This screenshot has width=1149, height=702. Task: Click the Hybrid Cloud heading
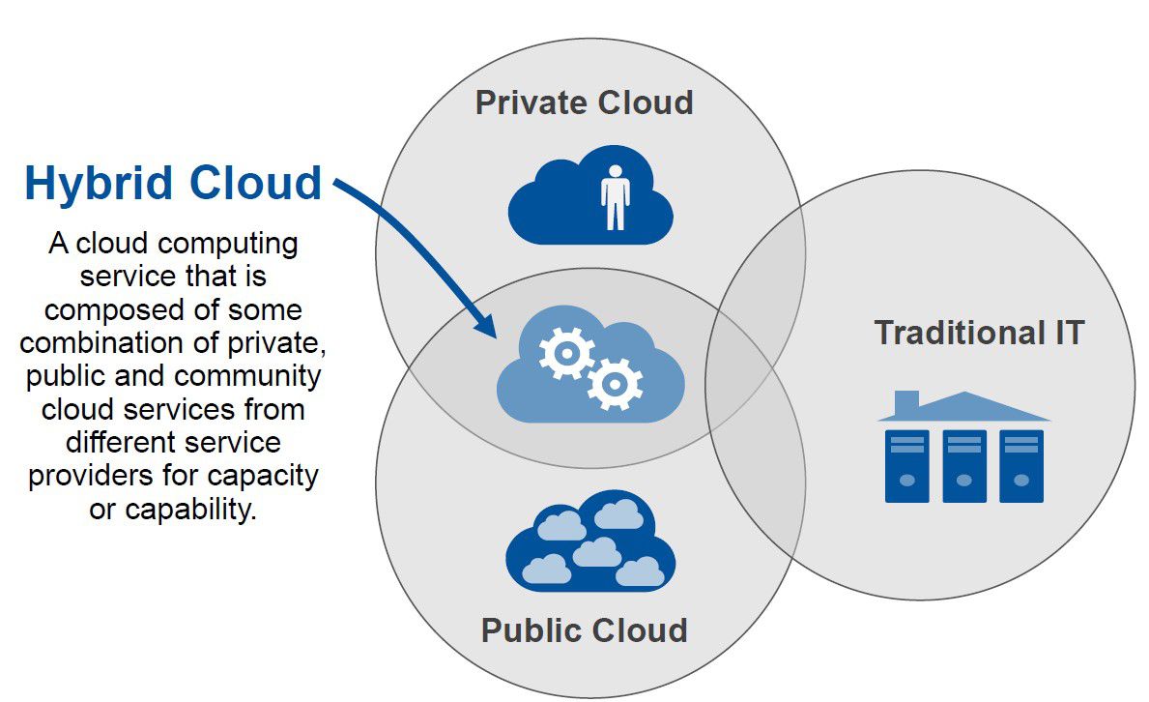(173, 183)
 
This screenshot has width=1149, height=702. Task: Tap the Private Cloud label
(584, 102)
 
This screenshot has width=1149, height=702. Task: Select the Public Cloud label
(584, 630)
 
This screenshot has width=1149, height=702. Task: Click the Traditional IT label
(979, 333)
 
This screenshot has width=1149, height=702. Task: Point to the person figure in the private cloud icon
(615, 196)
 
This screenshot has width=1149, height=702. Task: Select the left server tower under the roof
(906, 466)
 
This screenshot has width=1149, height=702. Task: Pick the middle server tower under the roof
(963, 466)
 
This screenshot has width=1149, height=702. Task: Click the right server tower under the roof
(1020, 466)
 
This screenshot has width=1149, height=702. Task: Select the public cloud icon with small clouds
(589, 543)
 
